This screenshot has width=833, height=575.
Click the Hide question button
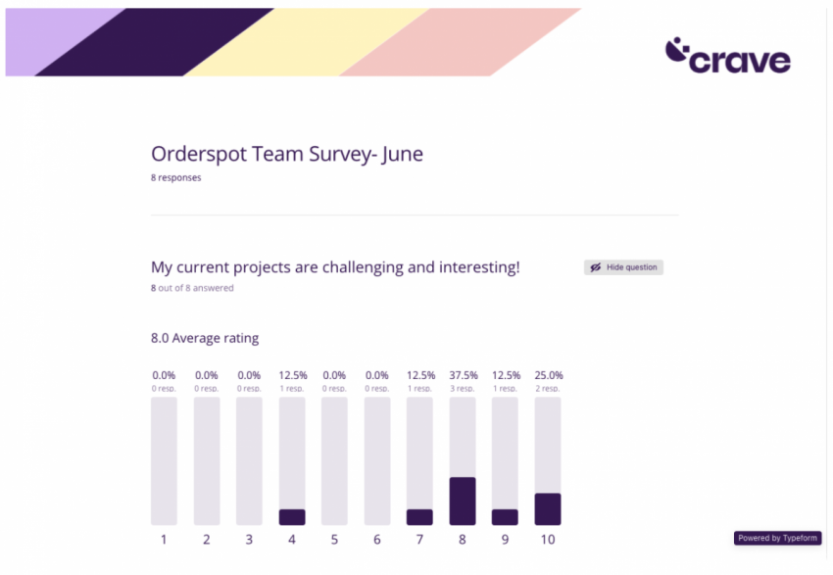tap(623, 267)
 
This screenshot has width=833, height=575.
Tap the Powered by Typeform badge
tap(777, 538)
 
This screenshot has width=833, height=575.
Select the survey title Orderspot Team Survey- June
tap(287, 154)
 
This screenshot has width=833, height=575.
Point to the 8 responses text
tap(176, 178)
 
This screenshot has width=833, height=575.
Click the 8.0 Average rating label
tap(205, 338)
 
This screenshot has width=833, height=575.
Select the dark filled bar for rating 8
tap(463, 501)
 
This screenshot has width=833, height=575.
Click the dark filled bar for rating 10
tap(548, 508)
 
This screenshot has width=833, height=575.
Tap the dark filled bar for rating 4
tap(292, 517)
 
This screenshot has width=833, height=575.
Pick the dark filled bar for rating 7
tap(419, 517)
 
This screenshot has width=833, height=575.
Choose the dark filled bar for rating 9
tap(505, 517)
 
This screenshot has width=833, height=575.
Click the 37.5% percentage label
tap(463, 375)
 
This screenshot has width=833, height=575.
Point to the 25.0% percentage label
tap(548, 375)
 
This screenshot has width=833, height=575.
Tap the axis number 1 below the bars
tap(164, 540)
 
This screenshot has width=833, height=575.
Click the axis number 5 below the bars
tap(334, 540)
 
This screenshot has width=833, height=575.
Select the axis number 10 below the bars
tap(548, 540)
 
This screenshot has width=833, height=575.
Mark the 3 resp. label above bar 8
tap(463, 389)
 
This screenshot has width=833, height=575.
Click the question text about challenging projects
tap(335, 266)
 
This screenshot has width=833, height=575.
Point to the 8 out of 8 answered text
tap(192, 288)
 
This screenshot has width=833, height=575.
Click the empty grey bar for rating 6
tap(377, 460)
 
